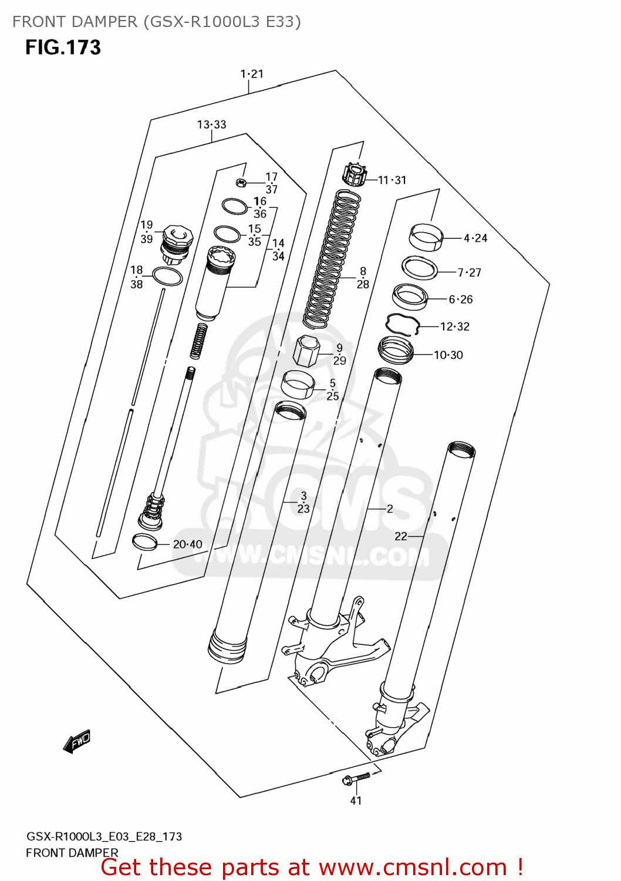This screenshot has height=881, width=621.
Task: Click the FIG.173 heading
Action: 63,48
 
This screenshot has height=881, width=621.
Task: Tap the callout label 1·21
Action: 252,74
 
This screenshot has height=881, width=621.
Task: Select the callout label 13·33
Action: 211,125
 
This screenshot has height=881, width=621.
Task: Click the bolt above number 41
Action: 356,779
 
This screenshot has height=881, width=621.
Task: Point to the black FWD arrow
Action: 77,742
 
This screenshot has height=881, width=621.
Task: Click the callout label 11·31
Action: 392,180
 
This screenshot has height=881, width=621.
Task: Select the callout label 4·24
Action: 475,238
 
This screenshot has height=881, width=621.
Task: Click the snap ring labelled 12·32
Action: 402,324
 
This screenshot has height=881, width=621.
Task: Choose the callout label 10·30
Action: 448,355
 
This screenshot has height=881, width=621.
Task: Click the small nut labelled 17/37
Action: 240,182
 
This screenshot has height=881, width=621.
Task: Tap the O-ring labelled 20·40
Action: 144,542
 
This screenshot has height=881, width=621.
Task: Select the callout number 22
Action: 401,536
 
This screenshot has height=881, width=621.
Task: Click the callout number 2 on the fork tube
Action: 390,509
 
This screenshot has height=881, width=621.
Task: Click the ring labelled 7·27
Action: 420,268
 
